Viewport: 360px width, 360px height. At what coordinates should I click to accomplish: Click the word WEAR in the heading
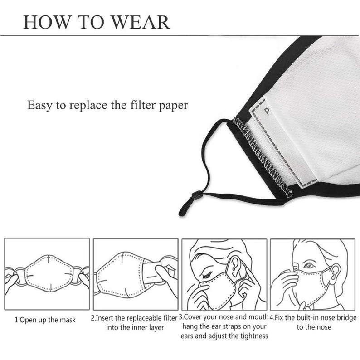[x=141, y=22]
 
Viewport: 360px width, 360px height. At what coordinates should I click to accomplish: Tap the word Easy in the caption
[x=39, y=105]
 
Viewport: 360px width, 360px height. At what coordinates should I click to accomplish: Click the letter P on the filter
[x=267, y=112]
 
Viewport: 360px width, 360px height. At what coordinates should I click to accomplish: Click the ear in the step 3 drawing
[x=235, y=266]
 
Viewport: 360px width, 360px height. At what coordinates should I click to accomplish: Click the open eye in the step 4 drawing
[x=309, y=266]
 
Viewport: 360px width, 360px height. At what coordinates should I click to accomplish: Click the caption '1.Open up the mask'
[x=45, y=320]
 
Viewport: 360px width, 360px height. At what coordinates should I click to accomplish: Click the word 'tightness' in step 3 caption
[x=254, y=336]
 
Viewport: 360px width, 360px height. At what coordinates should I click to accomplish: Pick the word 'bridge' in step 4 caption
[x=347, y=318]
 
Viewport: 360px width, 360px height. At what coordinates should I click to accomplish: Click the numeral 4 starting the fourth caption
[x=272, y=318]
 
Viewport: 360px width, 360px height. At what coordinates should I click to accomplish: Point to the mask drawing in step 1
[x=49, y=273]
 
